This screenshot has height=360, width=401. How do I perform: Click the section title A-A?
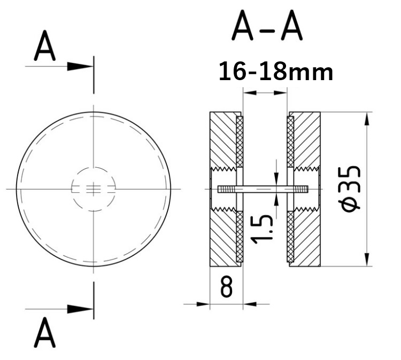click(267, 28)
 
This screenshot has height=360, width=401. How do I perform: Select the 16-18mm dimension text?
click(276, 72)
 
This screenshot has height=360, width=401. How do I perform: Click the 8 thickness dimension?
click(226, 287)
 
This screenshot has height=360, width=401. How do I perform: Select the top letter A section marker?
click(45, 49)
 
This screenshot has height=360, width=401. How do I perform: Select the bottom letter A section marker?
click(45, 334)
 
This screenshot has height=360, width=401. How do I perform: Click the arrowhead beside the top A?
click(80, 66)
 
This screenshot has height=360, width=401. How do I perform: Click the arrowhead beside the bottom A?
click(80, 309)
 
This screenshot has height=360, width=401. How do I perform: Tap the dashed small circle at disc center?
click(94, 189)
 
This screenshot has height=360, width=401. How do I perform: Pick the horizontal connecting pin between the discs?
click(265, 189)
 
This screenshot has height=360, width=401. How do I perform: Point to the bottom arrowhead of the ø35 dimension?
click(367, 259)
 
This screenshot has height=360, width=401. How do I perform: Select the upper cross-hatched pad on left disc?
click(239, 142)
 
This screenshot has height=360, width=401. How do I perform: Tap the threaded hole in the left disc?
click(225, 189)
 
